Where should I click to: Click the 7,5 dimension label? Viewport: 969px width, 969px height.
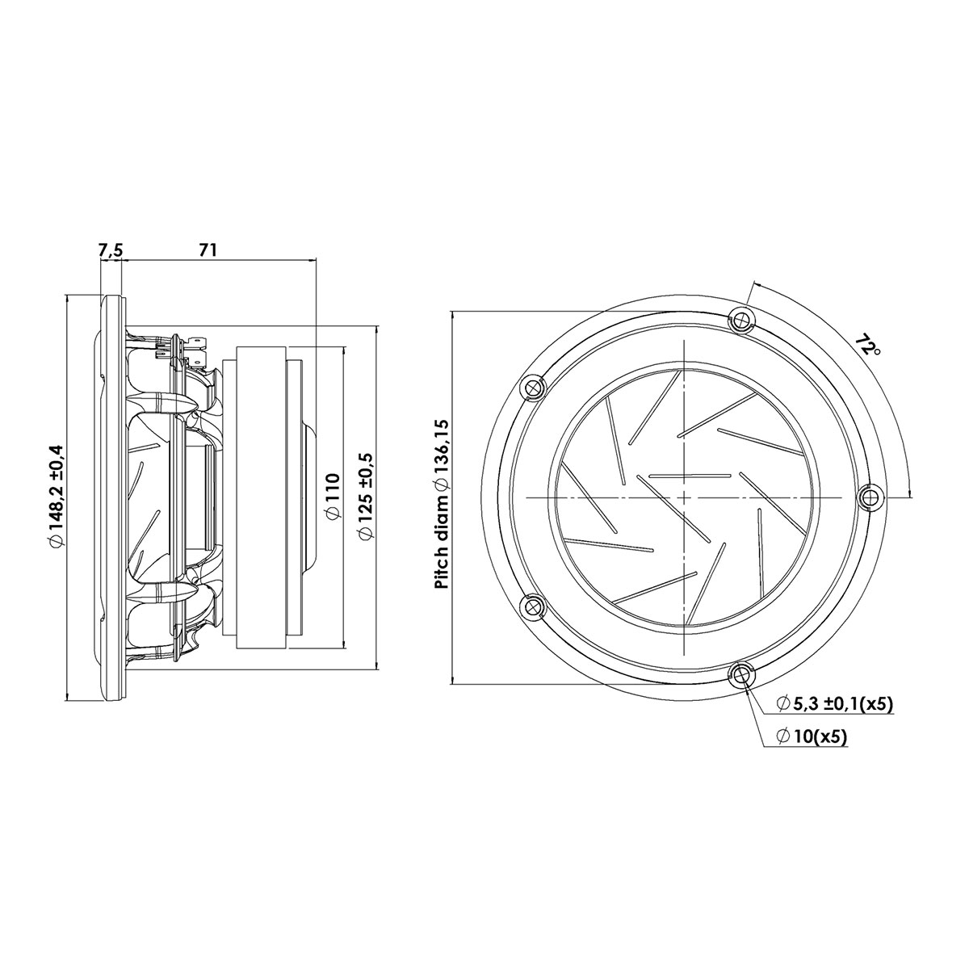point(111,251)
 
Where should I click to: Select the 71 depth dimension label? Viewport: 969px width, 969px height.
point(208,250)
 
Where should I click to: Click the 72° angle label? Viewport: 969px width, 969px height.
point(868,344)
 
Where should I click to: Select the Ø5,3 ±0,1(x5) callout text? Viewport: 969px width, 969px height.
point(834,704)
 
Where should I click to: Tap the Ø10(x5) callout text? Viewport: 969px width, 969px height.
point(812,737)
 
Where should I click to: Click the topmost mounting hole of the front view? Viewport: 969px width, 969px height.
point(741,319)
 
